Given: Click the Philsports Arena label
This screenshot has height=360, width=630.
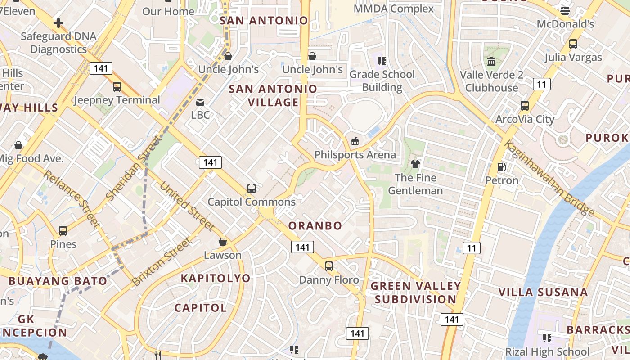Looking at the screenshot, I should pyautogui.click(x=355, y=155).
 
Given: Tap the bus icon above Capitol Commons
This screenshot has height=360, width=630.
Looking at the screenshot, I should pyautogui.click(x=252, y=189).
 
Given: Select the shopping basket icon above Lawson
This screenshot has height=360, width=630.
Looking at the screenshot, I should pyautogui.click(x=222, y=242).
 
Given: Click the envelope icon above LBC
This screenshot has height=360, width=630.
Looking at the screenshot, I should pyautogui.click(x=200, y=102).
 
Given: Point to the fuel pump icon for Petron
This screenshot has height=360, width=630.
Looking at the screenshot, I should pyautogui.click(x=501, y=167).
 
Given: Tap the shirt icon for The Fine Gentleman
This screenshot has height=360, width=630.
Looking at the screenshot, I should pyautogui.click(x=415, y=164).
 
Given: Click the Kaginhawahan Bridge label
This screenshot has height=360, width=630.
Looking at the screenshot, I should pyautogui.click(x=549, y=178).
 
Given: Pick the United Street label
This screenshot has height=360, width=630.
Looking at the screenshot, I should pyautogui.click(x=187, y=206).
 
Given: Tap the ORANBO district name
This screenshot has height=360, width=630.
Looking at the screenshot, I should pyautogui.click(x=315, y=225).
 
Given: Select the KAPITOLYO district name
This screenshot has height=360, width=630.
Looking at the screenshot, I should pyautogui.click(x=216, y=278).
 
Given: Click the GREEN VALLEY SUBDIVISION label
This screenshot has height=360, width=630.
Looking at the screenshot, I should pyautogui.click(x=415, y=292).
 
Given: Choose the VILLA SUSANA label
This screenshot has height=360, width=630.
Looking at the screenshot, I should pyautogui.click(x=543, y=292).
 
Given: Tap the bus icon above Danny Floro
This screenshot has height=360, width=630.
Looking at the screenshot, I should pyautogui.click(x=329, y=266).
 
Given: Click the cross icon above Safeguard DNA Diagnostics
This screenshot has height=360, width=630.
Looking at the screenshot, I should pyautogui.click(x=58, y=23).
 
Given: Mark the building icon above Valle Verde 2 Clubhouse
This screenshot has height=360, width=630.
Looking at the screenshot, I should pyautogui.click(x=491, y=61).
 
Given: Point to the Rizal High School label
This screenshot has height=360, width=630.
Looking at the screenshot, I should pyautogui.click(x=547, y=351).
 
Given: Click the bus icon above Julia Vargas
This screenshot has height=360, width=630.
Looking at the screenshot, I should pyautogui.click(x=573, y=44).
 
